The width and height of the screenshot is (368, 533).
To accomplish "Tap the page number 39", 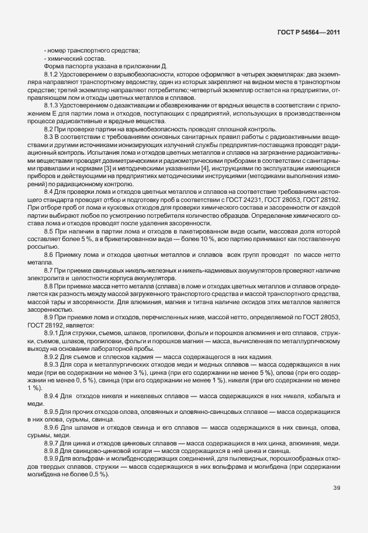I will (336, 488).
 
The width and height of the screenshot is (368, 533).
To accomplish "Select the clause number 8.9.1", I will (53, 333).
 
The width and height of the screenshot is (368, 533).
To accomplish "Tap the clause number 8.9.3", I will (53, 364).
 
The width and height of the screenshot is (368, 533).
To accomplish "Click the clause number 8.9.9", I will (53, 459).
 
